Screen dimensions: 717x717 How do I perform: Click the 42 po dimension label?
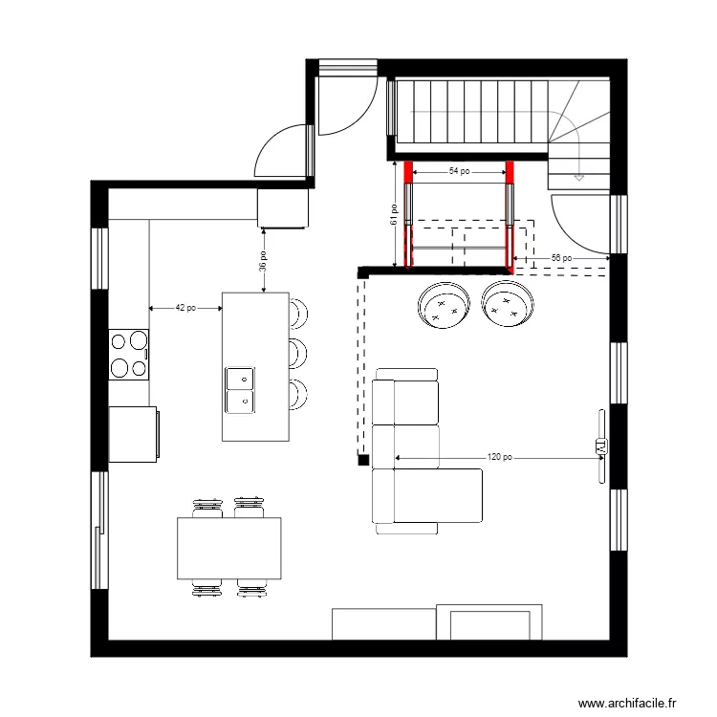pyautogui.click(x=185, y=308)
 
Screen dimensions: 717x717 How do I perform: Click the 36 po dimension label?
pyautogui.click(x=263, y=261)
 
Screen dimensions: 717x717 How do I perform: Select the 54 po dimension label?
pyautogui.click(x=459, y=172)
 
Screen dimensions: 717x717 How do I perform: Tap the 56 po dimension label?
pyautogui.click(x=563, y=258)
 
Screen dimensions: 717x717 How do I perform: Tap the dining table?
pyautogui.click(x=229, y=548)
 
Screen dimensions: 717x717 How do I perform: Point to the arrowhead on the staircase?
pyautogui.click(x=577, y=177)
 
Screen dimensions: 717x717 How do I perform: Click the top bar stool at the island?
pyautogui.click(x=298, y=311)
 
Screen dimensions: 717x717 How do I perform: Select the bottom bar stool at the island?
pyautogui.click(x=298, y=393)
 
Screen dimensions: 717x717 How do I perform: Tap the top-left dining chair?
pyautogui.click(x=206, y=507)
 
